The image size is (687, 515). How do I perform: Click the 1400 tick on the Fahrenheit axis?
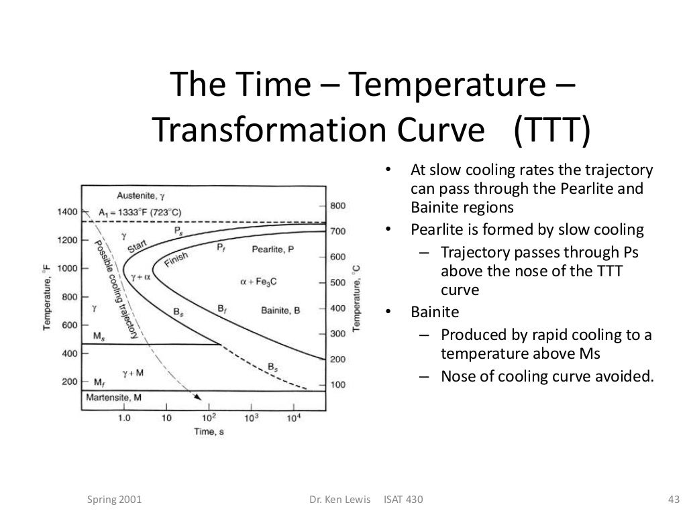67,212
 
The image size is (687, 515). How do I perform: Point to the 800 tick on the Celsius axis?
337,206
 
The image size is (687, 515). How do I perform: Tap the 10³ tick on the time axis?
252,418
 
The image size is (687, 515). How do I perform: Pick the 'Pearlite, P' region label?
272,249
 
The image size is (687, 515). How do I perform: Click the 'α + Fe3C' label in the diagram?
258,282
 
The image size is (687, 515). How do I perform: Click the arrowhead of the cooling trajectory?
197,397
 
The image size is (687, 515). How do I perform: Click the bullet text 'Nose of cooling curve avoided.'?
547,376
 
